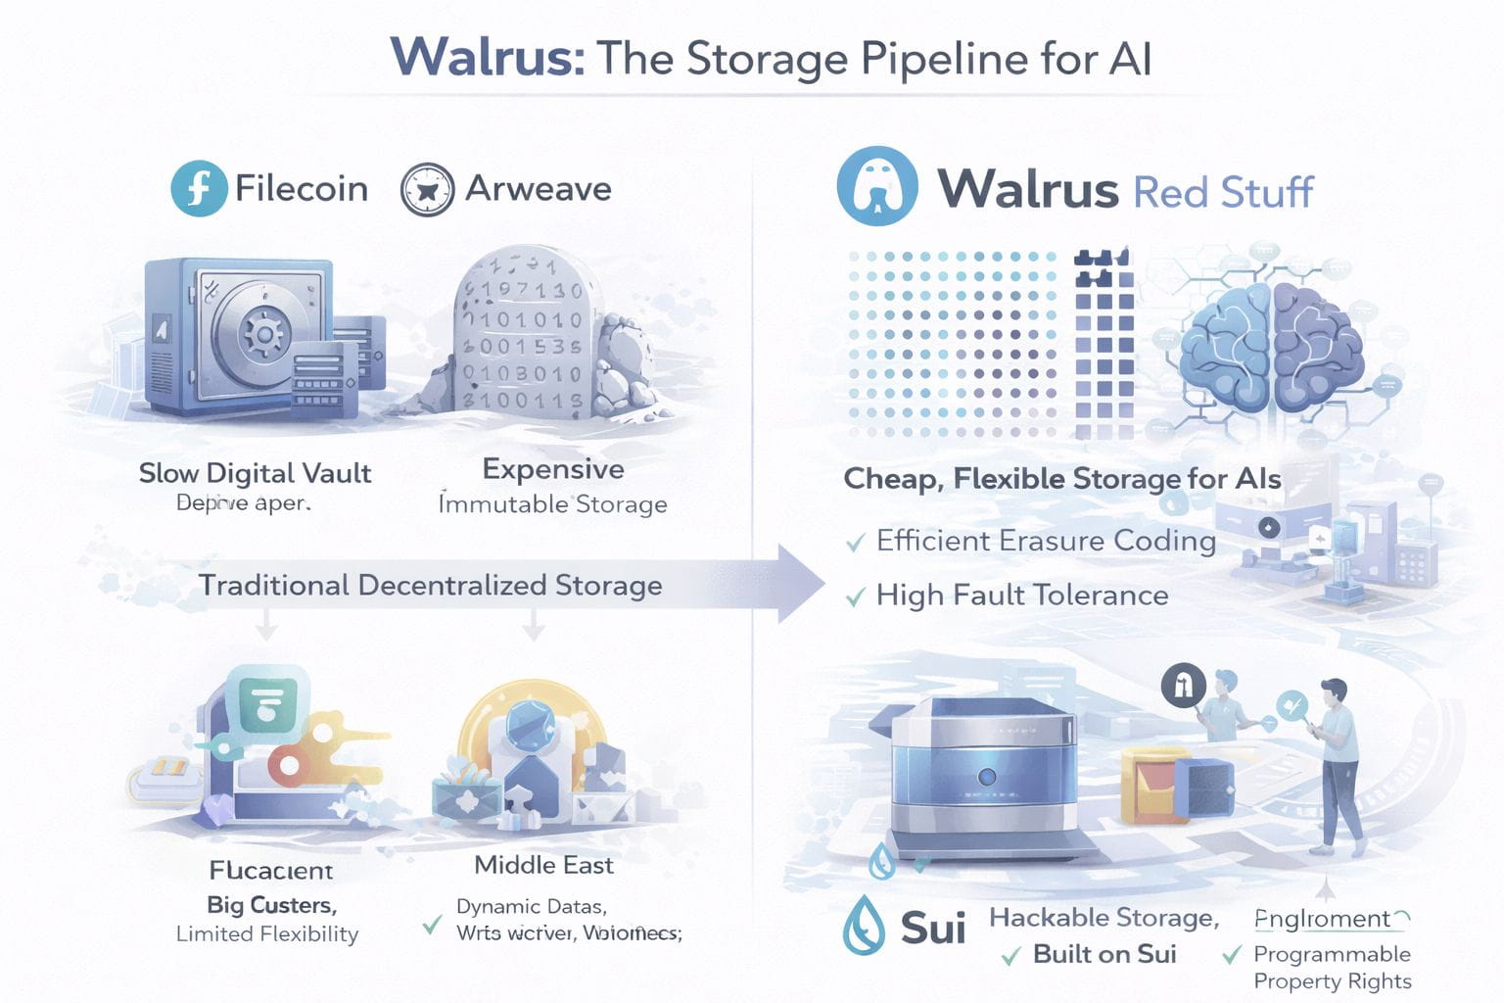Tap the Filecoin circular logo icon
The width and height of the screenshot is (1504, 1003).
[199, 188]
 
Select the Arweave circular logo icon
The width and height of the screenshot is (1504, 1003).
[427, 189]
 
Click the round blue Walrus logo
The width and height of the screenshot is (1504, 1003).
[877, 187]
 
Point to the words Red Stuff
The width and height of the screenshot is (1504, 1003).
[1223, 192]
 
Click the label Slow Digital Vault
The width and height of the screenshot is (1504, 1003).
[255, 473]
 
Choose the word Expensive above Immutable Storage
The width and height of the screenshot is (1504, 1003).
[553, 469]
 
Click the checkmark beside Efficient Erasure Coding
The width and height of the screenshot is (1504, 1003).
[855, 542]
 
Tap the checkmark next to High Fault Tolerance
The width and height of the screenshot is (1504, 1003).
[855, 596]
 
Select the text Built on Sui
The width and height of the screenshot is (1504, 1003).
[1104, 954]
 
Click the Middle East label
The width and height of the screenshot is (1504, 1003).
[543, 865]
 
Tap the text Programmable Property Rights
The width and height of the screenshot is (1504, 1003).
[1332, 968]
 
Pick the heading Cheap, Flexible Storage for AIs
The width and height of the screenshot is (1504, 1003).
[1062, 479]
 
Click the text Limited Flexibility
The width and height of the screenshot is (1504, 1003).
[267, 933]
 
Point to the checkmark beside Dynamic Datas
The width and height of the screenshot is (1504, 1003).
[431, 924]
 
